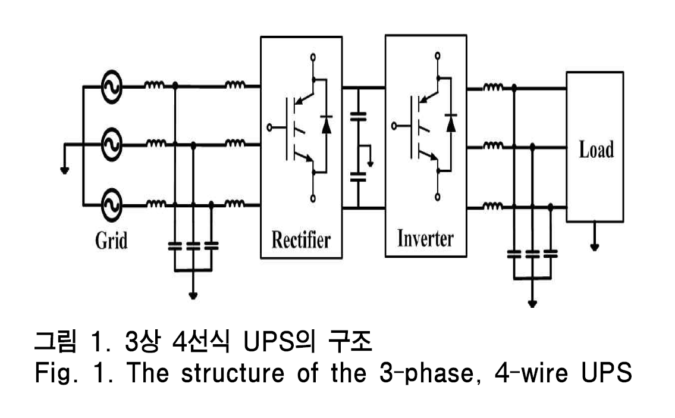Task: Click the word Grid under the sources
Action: pos(111,241)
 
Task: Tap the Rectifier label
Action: pos(301,240)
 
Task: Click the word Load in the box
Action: pos(596,149)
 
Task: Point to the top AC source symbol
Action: pos(111,87)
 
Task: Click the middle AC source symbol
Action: pos(111,144)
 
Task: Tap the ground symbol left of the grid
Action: pos(64,170)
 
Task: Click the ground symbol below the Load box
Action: pos(595,245)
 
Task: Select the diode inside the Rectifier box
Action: pos(326,124)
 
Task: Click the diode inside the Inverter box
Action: pos(450,123)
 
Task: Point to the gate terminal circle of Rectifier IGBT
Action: pos(269,127)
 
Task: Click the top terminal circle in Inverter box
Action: pos(438,57)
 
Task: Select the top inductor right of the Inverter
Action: pos(493,89)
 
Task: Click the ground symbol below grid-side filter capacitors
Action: pos(193,294)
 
